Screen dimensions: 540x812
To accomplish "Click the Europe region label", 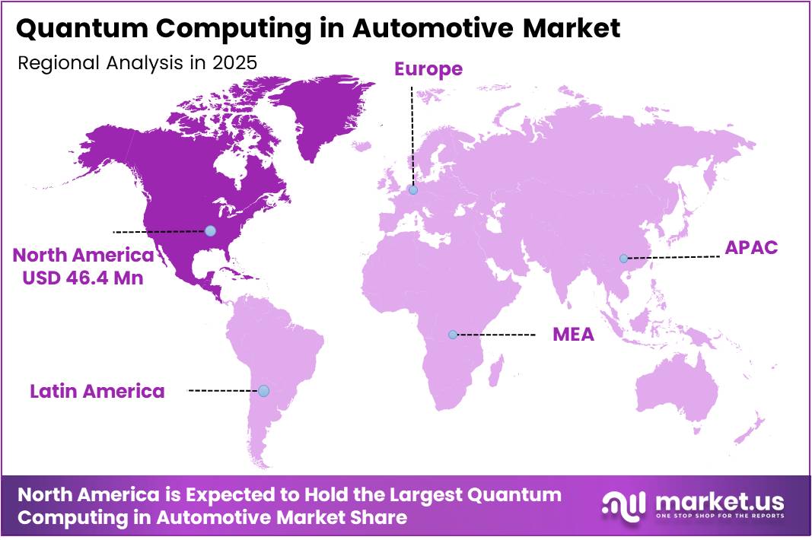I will pos(428,69).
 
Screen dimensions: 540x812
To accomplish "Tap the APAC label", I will pos(750,247).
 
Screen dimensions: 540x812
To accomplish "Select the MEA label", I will pos(573,335).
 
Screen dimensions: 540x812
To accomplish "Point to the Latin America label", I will pos(97,391).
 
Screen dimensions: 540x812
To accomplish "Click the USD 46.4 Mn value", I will pos(83,278).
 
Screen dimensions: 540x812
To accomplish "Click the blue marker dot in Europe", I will pos(412,190).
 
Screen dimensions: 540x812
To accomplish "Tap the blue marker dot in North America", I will pos(210,230).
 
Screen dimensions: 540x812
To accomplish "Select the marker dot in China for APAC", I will pos(623,259).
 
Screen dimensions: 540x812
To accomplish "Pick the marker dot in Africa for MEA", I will pos(453,335).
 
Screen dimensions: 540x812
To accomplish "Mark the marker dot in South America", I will pos(263,391).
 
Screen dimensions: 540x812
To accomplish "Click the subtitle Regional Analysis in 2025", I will pos(137,62).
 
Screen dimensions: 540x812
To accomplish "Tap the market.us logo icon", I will pos(623,504).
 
